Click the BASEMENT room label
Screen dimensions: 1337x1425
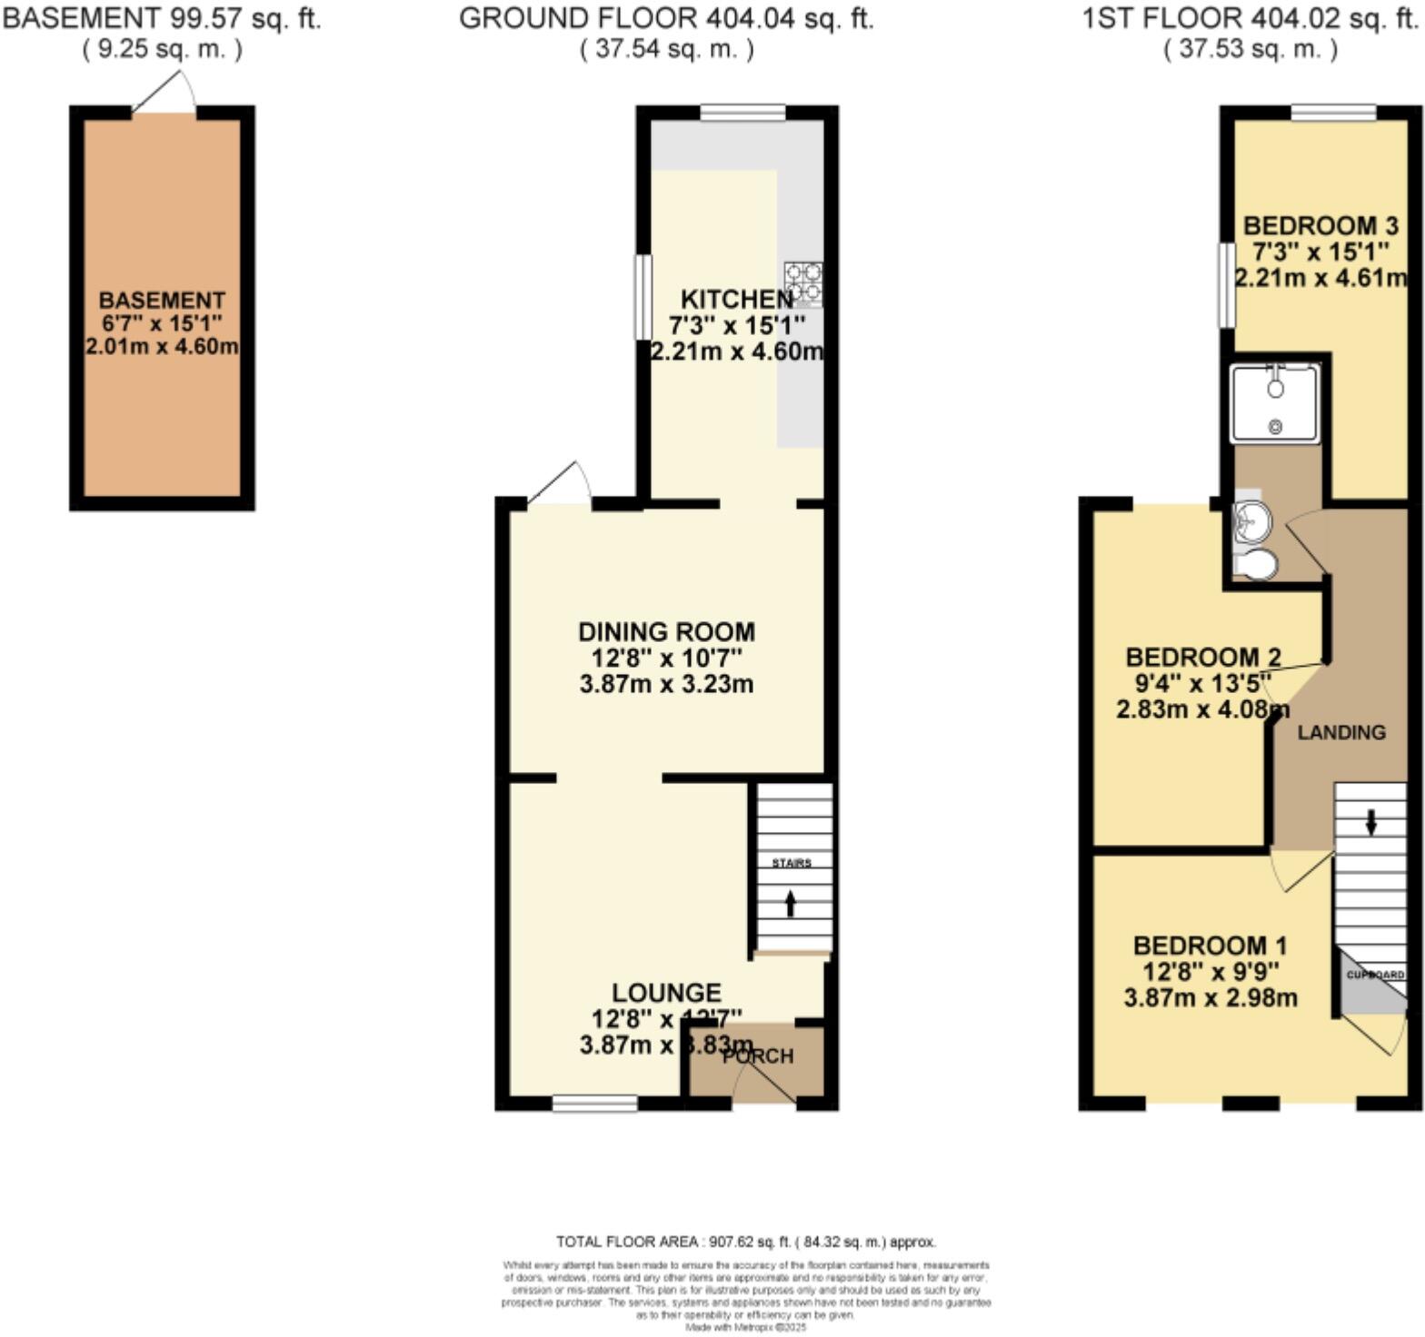[162, 300]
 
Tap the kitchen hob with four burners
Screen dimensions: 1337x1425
[803, 282]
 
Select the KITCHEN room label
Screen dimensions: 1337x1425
[737, 299]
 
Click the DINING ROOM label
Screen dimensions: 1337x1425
[666, 631]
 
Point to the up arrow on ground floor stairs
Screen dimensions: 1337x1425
[790, 903]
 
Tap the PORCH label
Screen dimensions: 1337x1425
[758, 1056]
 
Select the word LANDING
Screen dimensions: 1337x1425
[1340, 732]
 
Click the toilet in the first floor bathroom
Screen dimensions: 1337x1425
[1257, 565]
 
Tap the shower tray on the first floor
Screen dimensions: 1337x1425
[1274, 403]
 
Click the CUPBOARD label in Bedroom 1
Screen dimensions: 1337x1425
[1375, 975]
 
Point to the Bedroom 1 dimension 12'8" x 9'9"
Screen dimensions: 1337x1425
[1210, 972]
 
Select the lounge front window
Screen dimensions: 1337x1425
[595, 1104]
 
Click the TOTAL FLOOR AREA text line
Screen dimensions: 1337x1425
[745, 1242]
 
